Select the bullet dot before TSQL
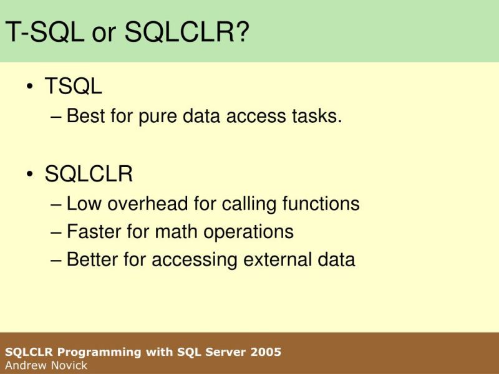30,88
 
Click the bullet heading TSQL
73,87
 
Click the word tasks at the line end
318,116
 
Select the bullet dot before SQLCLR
30,176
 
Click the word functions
321,204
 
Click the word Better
94,259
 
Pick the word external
269,259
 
